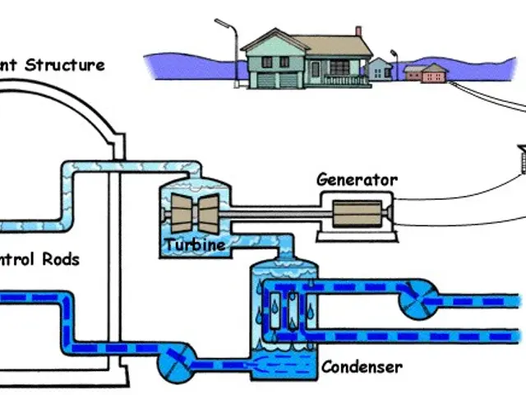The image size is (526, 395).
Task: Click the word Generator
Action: [358, 180]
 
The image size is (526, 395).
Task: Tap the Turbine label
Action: [194, 244]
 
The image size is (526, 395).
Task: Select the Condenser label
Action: [362, 366]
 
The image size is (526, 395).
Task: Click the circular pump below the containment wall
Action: [177, 360]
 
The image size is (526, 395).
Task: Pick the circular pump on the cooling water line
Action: [419, 304]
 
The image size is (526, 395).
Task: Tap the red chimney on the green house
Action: [358, 31]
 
